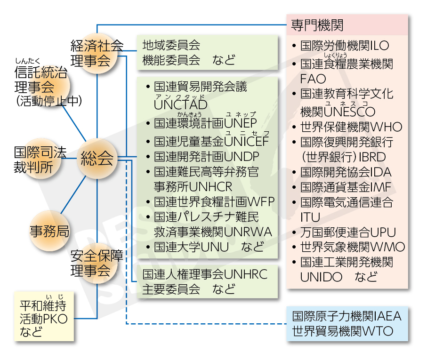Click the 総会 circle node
(97, 159)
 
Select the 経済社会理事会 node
(97, 53)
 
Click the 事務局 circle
(49, 231)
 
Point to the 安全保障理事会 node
(97, 264)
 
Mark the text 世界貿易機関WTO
(342, 331)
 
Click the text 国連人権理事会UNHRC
(205, 274)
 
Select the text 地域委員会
(171, 45)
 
